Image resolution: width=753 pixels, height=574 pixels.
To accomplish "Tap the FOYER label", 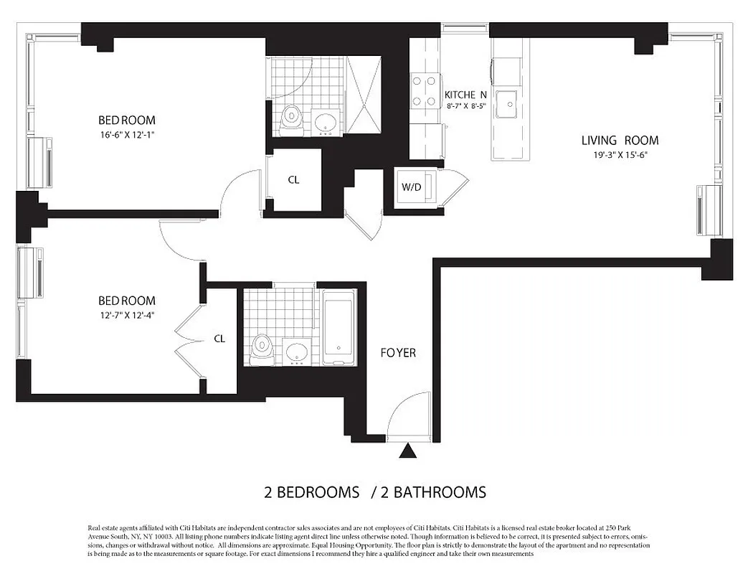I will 398,353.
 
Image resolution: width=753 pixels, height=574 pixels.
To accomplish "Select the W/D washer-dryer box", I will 411,188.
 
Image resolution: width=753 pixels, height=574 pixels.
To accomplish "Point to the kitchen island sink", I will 510,103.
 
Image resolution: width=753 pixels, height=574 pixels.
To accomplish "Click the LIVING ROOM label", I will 620,141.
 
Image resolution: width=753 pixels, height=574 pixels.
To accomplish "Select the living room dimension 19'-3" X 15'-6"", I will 620,154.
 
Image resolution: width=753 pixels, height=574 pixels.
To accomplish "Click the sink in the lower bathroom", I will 296,352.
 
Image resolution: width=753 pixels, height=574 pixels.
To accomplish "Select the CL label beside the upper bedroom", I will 293,180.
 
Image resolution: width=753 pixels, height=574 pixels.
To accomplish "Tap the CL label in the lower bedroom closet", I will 219,339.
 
